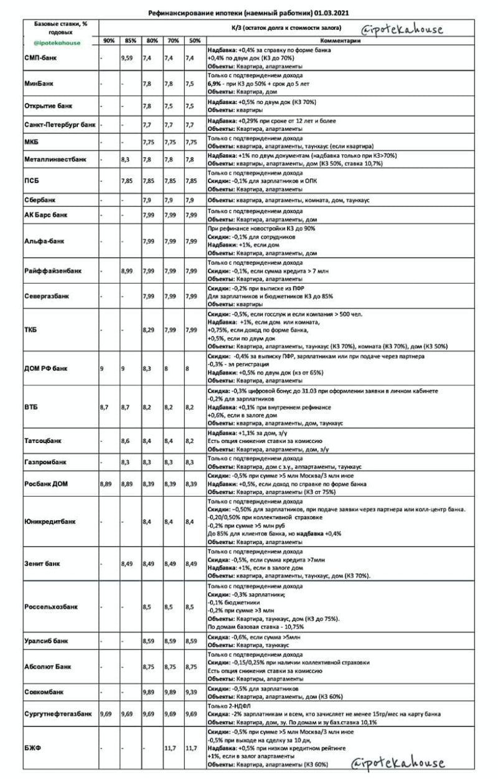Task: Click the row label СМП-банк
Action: click(x=40, y=58)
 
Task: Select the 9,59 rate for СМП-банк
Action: click(x=128, y=58)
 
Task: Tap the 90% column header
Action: click(x=108, y=41)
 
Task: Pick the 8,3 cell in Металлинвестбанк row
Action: click(x=125, y=160)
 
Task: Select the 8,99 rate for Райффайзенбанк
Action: click(x=128, y=271)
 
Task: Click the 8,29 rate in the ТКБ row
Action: click(x=149, y=329)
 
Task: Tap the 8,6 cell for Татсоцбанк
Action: click(x=125, y=440)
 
